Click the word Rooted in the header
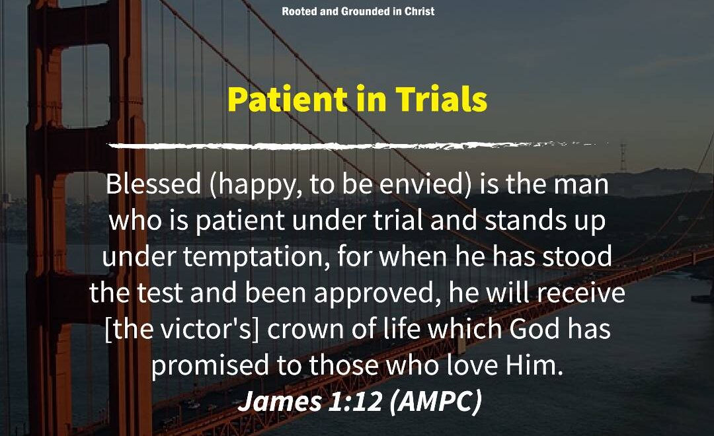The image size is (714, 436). click(x=299, y=11)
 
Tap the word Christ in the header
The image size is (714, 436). click(x=419, y=11)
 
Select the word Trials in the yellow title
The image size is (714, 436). click(x=441, y=98)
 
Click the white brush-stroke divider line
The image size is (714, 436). click(x=358, y=145)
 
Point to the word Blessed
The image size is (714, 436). click(x=153, y=184)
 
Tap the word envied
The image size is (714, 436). click(x=420, y=184)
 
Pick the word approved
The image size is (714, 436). click(x=373, y=294)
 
